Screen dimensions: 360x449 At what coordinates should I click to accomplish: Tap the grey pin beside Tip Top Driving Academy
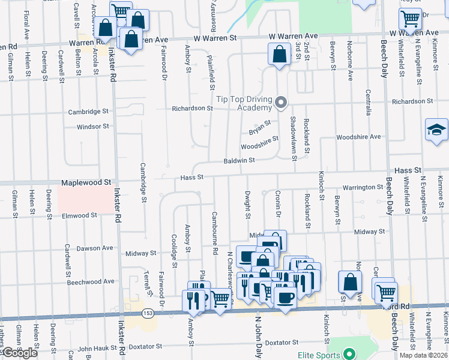pos(280,104)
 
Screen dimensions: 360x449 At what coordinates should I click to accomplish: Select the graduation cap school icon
pos(436,130)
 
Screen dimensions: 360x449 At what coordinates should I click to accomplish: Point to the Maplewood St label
pos(86,181)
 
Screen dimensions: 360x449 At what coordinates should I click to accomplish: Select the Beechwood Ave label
pos(90,281)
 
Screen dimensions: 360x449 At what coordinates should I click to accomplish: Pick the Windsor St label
pos(93,127)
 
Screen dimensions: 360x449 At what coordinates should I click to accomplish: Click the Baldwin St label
pos(240,160)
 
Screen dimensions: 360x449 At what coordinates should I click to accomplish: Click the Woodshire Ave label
pos(358,137)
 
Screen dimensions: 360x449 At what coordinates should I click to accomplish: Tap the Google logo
pos(20,353)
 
